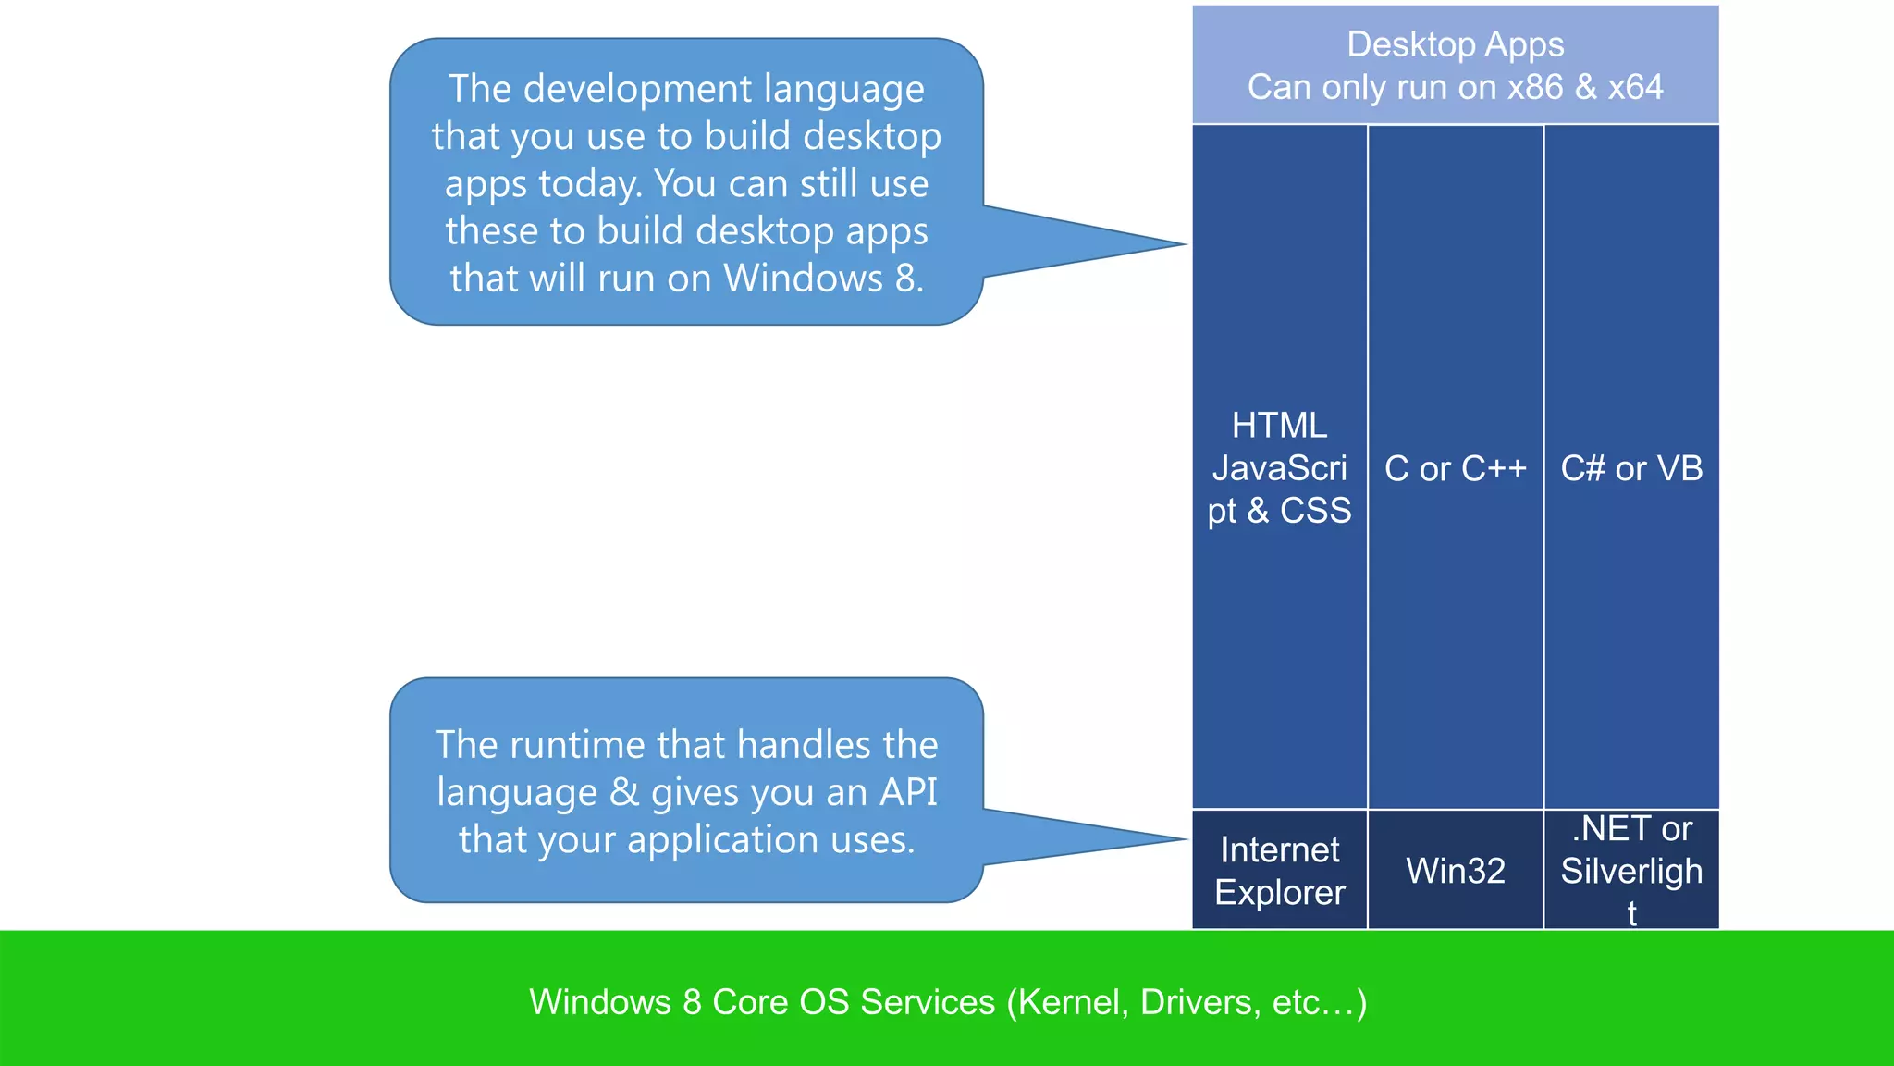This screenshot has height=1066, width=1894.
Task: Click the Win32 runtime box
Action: pos(1456,871)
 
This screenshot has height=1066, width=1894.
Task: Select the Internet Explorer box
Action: pos(1280,871)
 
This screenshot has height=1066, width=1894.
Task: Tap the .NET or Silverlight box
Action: pos(1631,871)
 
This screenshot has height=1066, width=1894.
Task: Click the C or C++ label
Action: pos(1456,468)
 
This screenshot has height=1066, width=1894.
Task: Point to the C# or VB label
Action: pos(1631,468)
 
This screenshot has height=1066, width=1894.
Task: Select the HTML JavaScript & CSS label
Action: pos(1280,468)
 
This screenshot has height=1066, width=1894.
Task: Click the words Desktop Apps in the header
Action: pos(1456,44)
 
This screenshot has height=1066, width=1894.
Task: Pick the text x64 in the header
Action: pos(1635,88)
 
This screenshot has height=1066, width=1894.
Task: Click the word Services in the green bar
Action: pos(928,1002)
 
